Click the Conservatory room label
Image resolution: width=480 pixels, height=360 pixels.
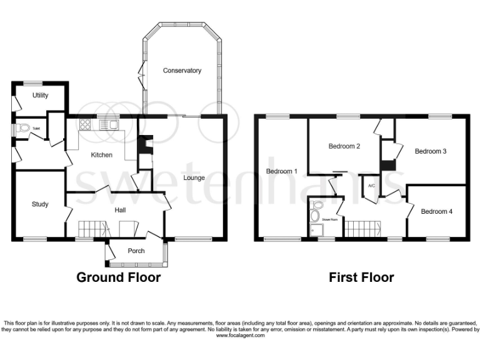pos(182,71)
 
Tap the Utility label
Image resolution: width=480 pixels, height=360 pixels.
pos(41,95)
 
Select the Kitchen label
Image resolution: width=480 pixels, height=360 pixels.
pos(101,154)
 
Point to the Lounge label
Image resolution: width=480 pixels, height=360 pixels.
pos(194,178)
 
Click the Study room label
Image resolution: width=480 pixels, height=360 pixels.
pos(40,204)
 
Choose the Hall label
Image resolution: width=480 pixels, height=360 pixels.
pos(121,210)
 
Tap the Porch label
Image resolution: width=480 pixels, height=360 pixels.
pos(136,251)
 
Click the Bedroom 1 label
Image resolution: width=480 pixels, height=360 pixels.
pos(281,171)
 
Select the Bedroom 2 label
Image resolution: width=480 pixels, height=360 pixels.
pos(344,146)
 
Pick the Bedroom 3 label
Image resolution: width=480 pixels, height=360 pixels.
pos(431,151)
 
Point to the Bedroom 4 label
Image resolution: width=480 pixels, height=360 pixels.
pos(436,211)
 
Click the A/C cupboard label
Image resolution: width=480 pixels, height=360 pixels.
pos(371,186)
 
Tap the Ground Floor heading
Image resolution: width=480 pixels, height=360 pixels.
pos(118,277)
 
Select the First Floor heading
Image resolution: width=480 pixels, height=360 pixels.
pos(361,277)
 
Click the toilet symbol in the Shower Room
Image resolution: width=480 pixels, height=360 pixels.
pos(316,204)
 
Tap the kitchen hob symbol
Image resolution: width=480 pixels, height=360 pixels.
pos(85,125)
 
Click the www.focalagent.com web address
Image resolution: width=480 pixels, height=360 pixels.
pos(240,336)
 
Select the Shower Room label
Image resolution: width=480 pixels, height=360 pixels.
pos(329,219)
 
